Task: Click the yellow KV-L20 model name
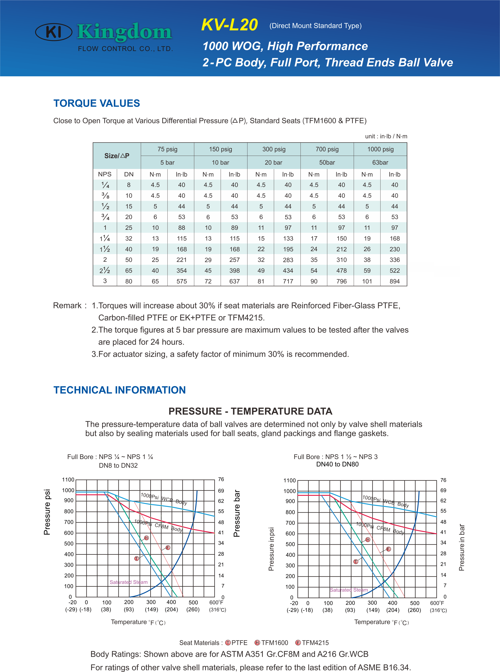229,25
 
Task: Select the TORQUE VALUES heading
97,103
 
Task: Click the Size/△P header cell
117,156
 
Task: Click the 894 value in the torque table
394,281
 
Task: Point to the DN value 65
129,270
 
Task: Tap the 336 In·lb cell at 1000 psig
394,260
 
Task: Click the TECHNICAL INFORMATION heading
120,390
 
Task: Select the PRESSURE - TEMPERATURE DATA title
250,411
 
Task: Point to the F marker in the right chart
389,549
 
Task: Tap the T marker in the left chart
137,558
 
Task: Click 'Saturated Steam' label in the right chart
349,590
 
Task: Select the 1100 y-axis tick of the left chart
68,479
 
